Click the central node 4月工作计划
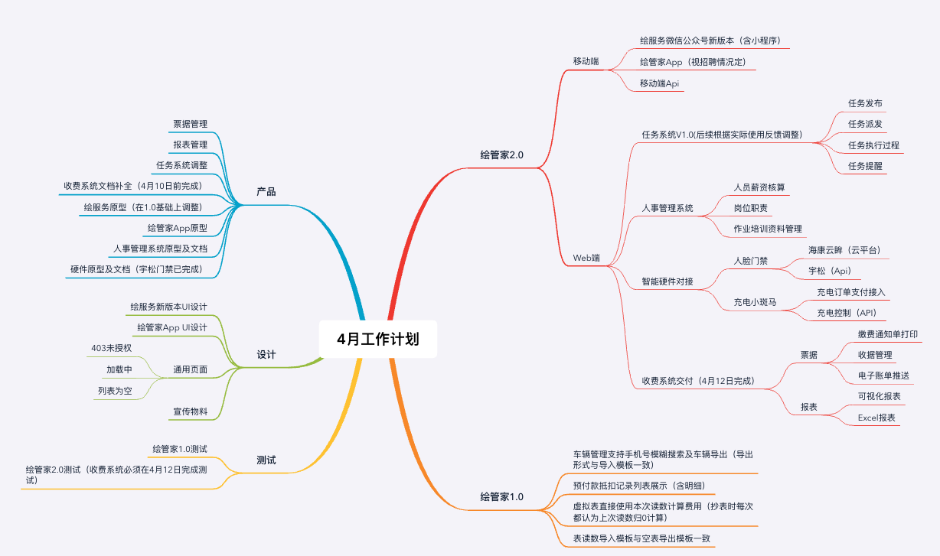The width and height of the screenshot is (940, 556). click(378, 339)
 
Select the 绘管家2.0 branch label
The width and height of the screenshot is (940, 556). click(501, 154)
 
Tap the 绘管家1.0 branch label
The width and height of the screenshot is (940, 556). click(501, 496)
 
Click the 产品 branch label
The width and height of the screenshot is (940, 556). click(266, 191)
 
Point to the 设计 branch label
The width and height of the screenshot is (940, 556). click(266, 354)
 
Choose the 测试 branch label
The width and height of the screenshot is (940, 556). click(266, 460)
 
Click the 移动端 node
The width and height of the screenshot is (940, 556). click(586, 61)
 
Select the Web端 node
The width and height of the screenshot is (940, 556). click(586, 258)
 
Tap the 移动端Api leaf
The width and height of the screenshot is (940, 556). click(660, 83)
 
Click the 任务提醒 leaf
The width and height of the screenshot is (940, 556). click(865, 166)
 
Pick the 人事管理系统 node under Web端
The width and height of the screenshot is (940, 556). click(667, 208)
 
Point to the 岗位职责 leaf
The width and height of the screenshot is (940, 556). click(750, 208)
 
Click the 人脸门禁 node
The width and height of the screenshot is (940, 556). click(750, 261)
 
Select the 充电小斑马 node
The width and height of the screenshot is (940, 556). click(755, 302)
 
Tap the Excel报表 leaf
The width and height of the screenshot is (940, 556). click(876, 418)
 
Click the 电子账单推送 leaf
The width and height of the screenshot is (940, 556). click(883, 375)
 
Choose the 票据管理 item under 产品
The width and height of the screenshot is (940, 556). click(190, 124)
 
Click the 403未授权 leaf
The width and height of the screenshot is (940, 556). click(111, 348)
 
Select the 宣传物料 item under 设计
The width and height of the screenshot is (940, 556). click(190, 411)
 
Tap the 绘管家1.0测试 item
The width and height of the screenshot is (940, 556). click(180, 448)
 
